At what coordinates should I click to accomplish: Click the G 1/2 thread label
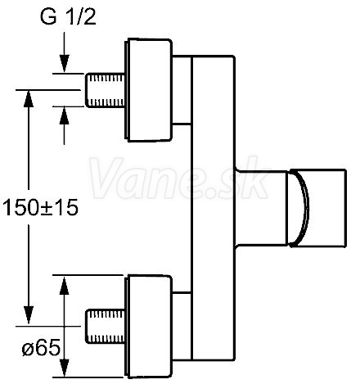click(68, 16)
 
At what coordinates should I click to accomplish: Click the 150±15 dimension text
click(40, 208)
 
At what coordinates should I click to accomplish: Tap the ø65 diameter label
click(41, 348)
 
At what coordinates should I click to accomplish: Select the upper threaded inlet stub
click(105, 90)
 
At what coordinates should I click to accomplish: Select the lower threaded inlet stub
click(105, 326)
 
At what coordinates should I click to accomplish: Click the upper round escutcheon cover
click(149, 90)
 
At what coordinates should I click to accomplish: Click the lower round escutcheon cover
click(149, 327)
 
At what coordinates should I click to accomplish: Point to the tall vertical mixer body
click(214, 208)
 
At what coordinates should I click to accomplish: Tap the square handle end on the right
click(317, 208)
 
